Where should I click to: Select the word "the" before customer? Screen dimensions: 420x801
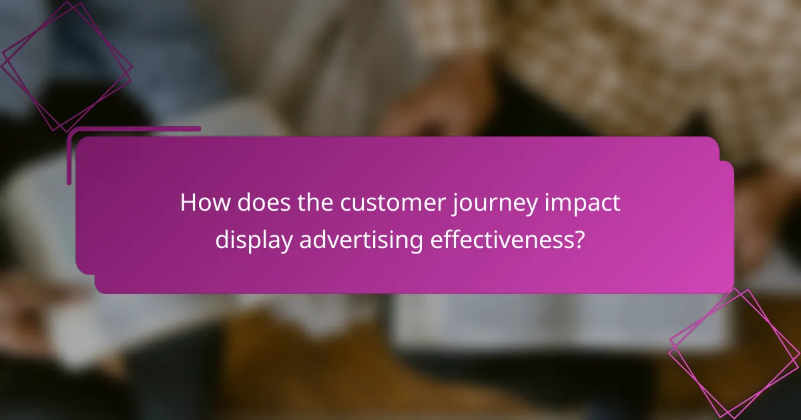[314, 203]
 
